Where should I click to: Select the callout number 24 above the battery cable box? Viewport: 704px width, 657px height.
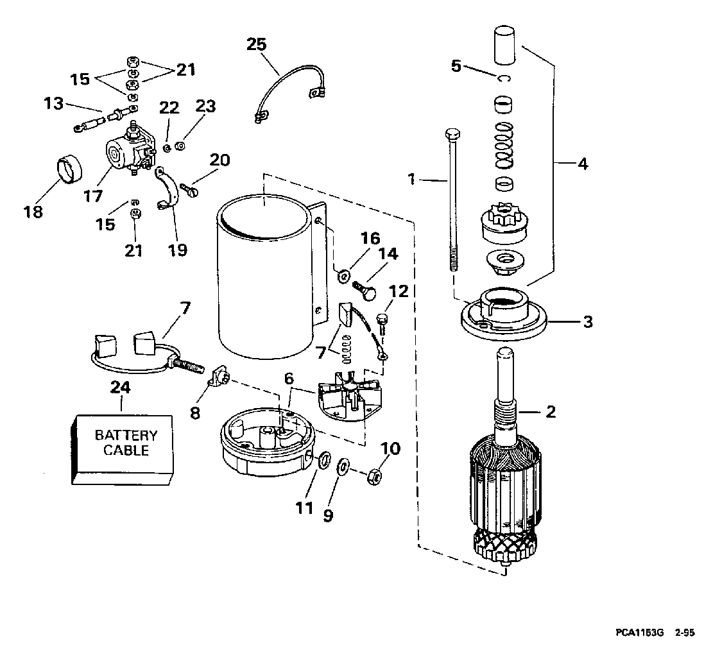coord(121,388)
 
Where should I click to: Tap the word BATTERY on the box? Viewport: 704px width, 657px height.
coord(126,435)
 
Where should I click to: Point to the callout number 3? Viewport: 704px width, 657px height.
coord(588,321)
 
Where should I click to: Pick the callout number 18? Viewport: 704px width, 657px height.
coord(33,212)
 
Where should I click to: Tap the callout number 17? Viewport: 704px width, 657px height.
coord(92,195)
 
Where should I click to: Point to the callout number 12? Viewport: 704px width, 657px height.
coord(398,291)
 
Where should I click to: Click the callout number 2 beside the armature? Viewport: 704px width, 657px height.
coord(550,412)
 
